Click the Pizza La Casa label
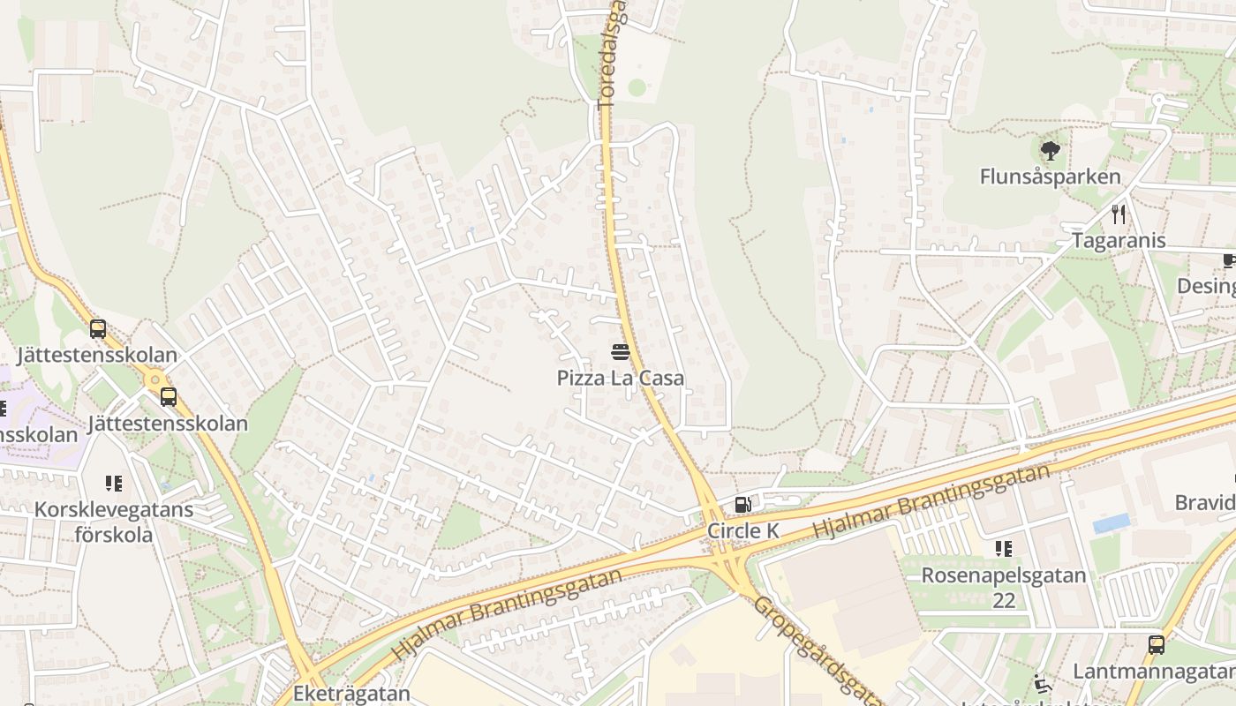point(620,378)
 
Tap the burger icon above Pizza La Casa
point(620,353)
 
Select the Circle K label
point(743,530)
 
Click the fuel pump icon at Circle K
point(743,505)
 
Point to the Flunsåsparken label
point(1050,176)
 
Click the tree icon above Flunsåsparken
point(1050,151)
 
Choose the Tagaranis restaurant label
point(1119,240)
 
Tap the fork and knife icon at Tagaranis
point(1119,214)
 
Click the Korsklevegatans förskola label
point(114,522)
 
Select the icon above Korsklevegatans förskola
point(114,484)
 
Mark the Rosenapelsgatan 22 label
point(1004,588)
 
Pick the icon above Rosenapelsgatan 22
point(1004,549)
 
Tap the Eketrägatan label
point(351,694)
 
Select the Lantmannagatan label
point(1154,671)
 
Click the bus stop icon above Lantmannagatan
point(1156,644)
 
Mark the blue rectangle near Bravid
point(1112,523)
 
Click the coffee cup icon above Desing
point(1229,260)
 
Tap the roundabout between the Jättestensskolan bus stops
point(155,380)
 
